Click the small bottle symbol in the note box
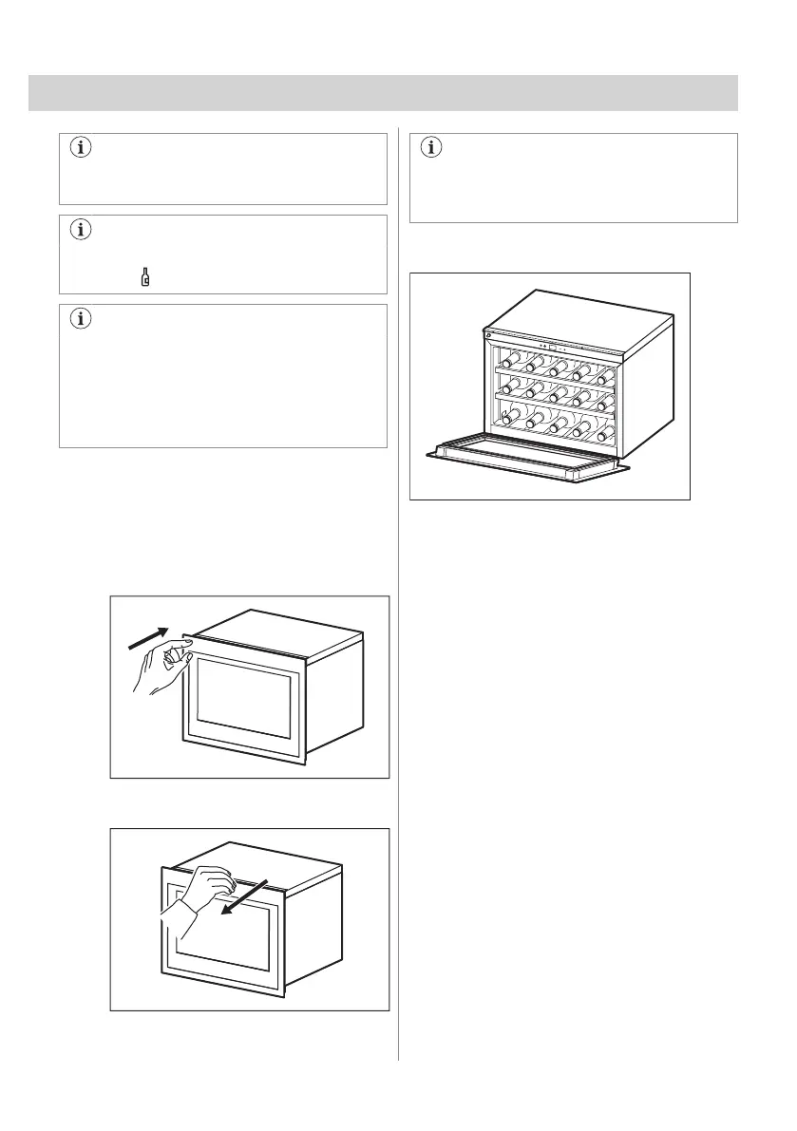pyautogui.click(x=145, y=277)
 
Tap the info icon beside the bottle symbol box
pyautogui.click(x=81, y=230)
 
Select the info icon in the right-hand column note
pyautogui.click(x=433, y=147)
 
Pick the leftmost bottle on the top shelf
pyautogui.click(x=508, y=361)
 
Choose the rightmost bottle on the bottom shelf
pyautogui.click(x=600, y=435)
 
